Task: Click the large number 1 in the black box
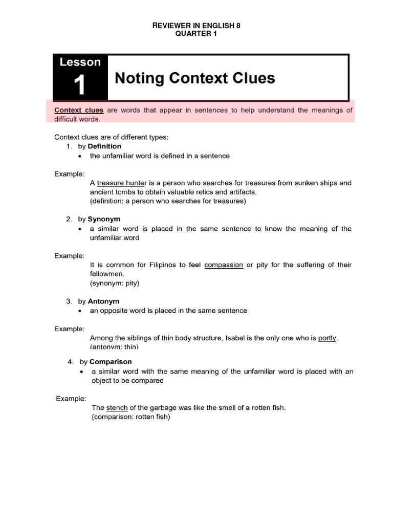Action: (79, 85)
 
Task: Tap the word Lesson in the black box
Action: (80, 62)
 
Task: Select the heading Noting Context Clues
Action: (195, 78)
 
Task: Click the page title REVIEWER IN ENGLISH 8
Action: (196, 25)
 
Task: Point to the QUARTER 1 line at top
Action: (196, 33)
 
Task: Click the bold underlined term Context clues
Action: (79, 110)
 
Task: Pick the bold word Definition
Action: (104, 146)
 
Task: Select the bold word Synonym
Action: (104, 219)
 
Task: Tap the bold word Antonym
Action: (103, 301)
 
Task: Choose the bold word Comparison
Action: (111, 362)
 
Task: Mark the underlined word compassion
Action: (224, 265)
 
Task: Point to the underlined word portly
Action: (327, 338)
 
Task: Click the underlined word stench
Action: (117, 408)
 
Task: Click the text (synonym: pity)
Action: (115, 283)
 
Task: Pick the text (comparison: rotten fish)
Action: (130, 417)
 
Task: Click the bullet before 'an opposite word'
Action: (80, 311)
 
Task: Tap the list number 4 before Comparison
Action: (70, 362)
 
